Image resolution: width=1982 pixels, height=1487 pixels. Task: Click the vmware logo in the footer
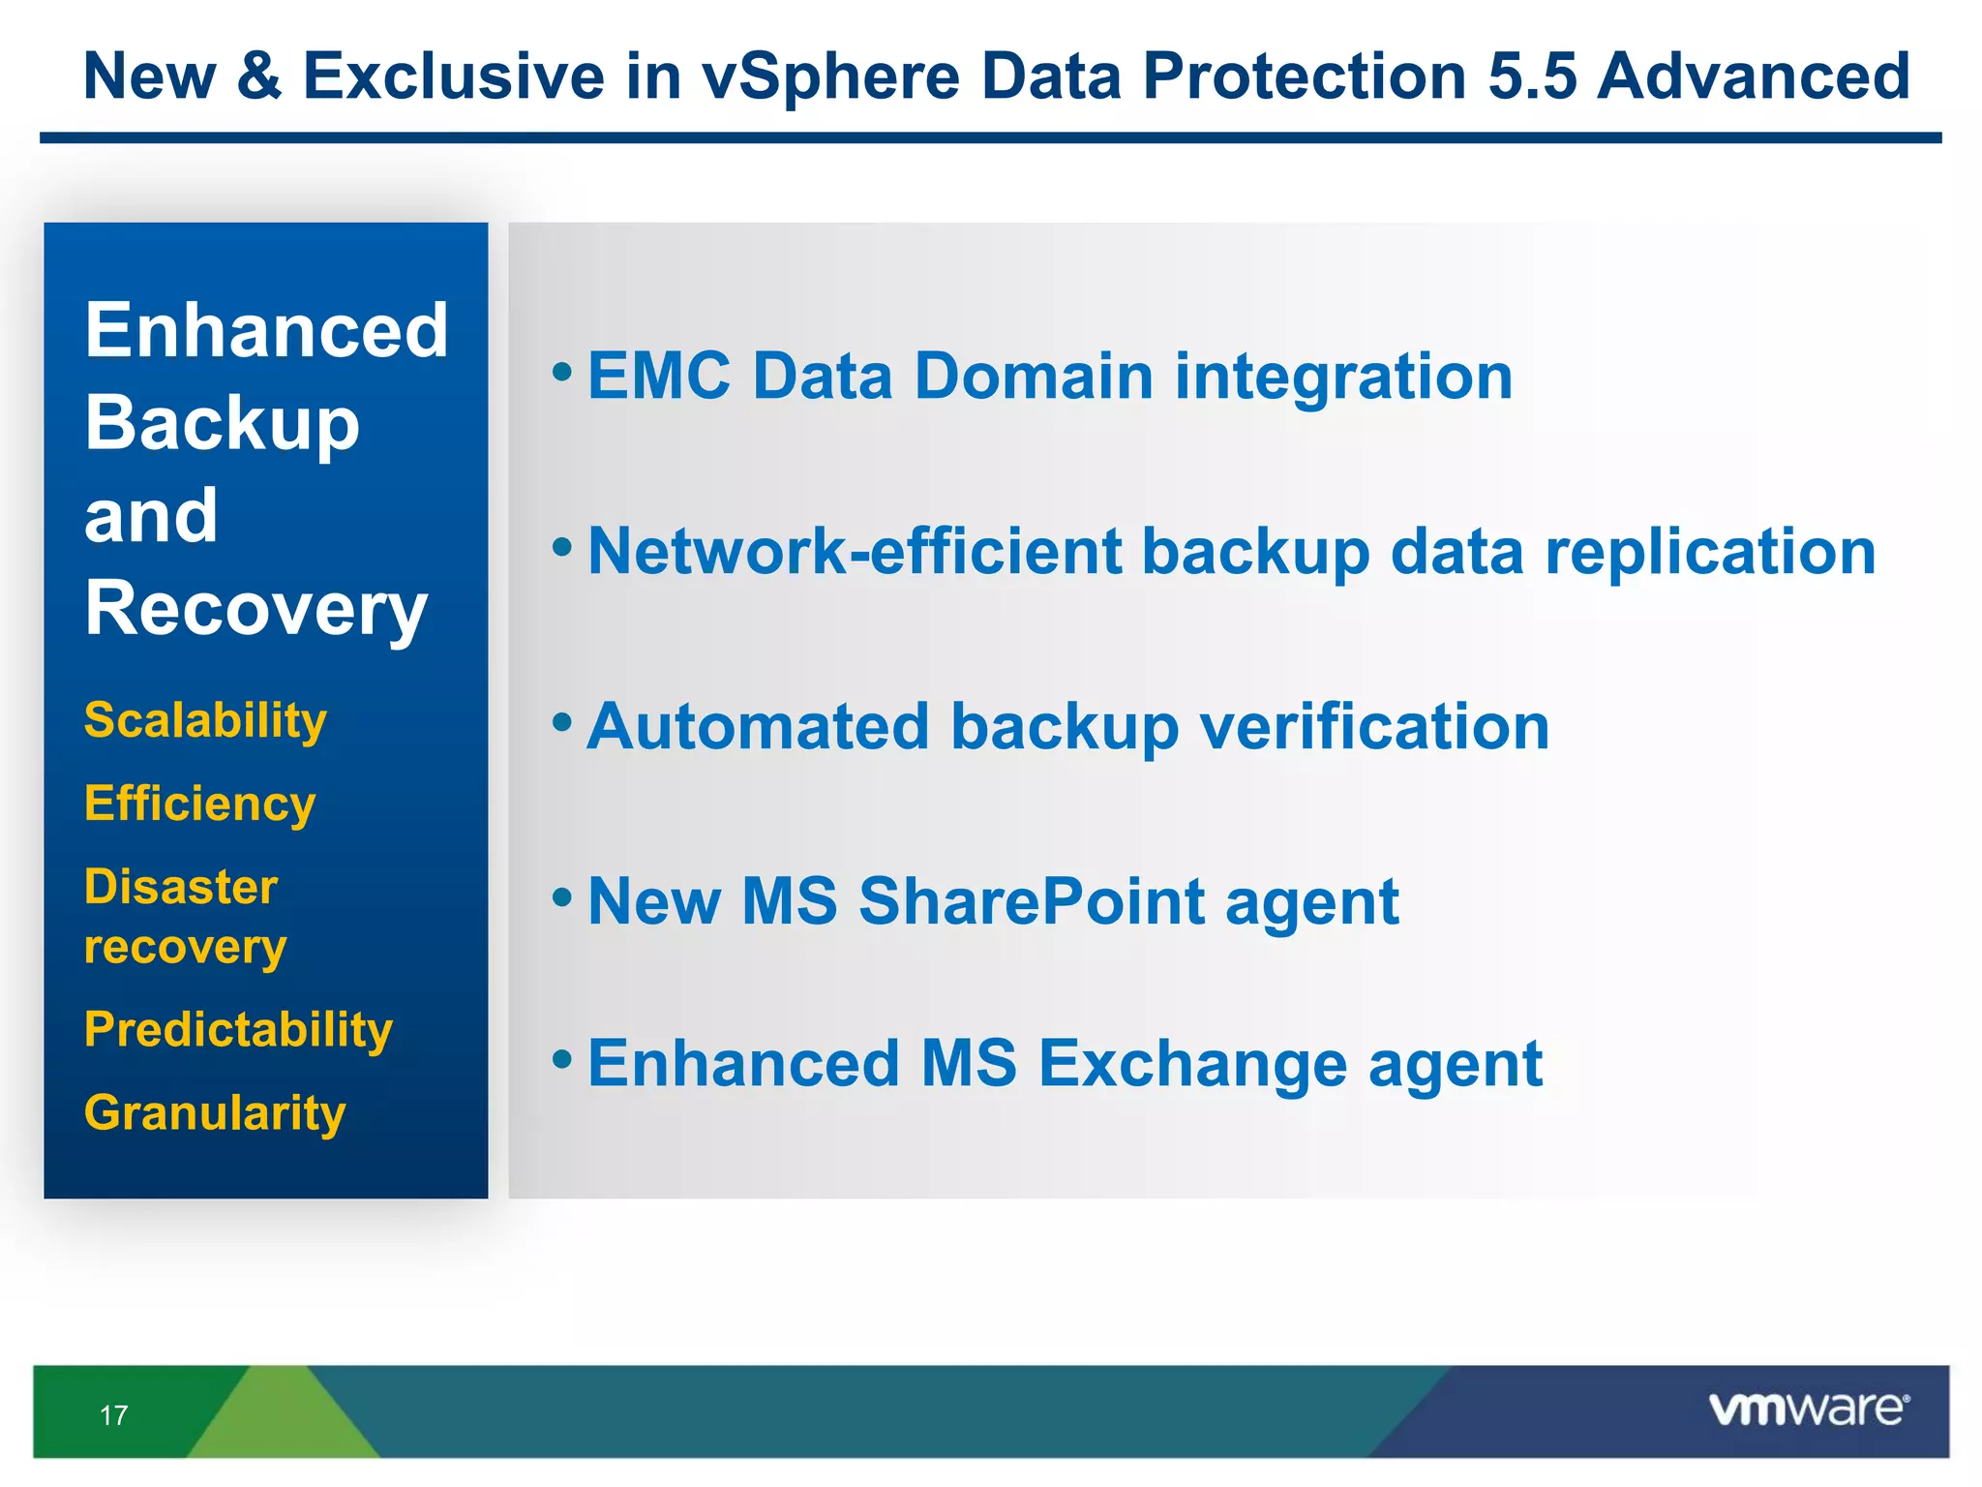[x=1808, y=1409]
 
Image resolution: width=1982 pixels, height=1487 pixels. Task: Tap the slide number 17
[x=113, y=1415]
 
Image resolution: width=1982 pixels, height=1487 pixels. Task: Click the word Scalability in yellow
[x=205, y=721]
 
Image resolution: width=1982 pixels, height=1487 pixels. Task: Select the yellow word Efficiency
[x=199, y=804]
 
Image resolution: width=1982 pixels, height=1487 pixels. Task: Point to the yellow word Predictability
[x=238, y=1030]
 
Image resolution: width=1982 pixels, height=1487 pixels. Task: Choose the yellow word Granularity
[x=215, y=1113]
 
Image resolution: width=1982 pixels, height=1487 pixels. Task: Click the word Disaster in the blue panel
[x=181, y=887]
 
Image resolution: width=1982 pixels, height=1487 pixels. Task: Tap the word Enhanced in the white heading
[x=266, y=331]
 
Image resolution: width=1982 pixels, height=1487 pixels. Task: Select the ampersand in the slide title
[x=258, y=76]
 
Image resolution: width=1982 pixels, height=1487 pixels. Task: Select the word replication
[x=1710, y=552]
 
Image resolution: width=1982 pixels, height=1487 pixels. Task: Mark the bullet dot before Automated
[x=562, y=722]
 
